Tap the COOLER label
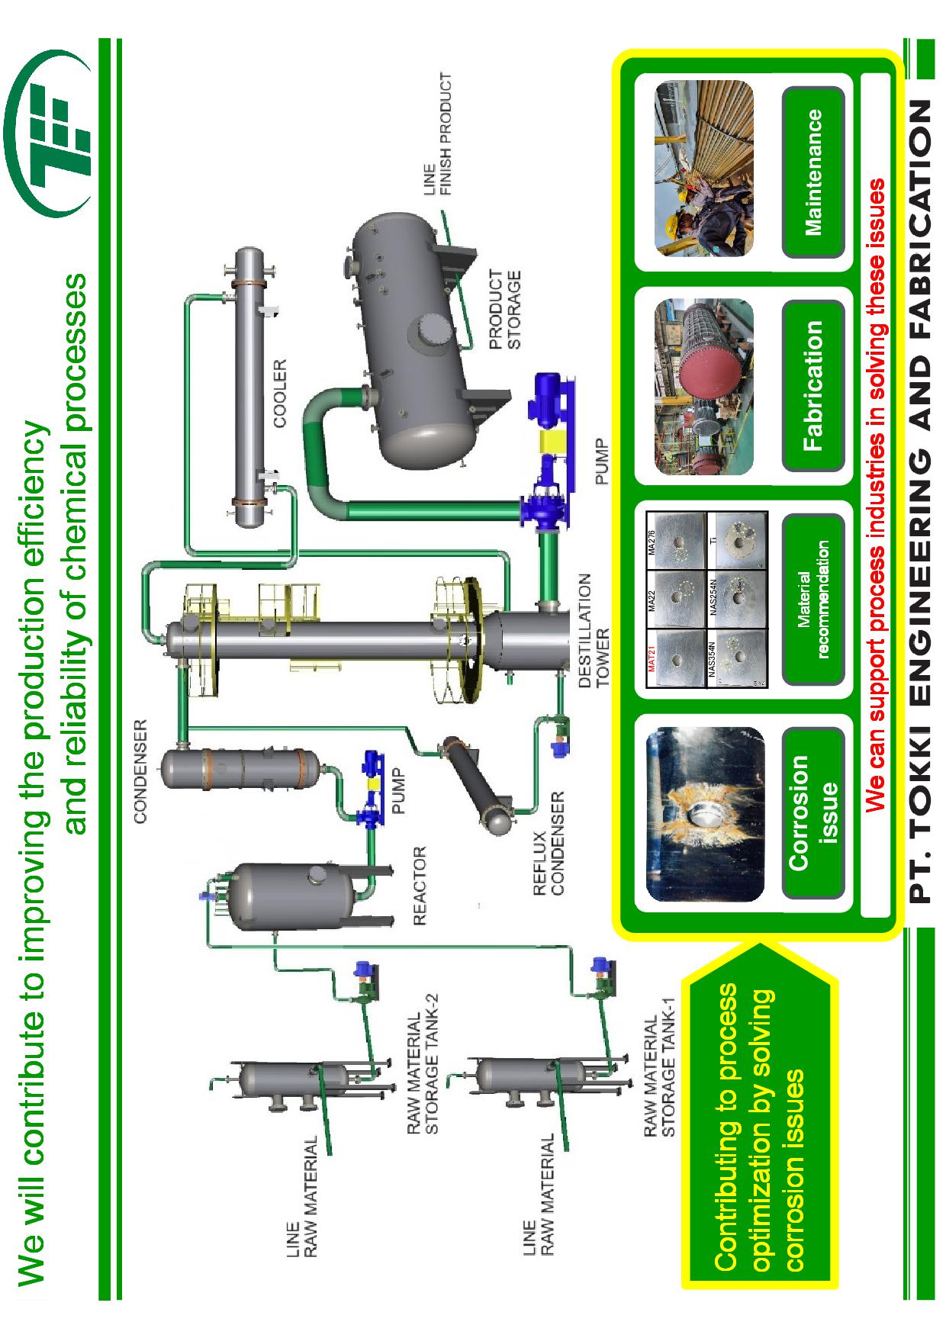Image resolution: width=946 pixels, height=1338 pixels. tap(280, 394)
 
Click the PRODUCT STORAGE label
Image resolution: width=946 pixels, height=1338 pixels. tap(505, 310)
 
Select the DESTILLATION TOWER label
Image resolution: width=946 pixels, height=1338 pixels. tap(594, 630)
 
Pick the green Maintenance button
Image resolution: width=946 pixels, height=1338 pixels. tap(813, 172)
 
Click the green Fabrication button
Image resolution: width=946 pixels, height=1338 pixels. tap(813, 385)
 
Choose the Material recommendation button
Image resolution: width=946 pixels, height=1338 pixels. tap(813, 599)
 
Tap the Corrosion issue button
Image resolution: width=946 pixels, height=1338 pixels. tap(813, 812)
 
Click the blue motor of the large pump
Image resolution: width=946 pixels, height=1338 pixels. tap(547, 396)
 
